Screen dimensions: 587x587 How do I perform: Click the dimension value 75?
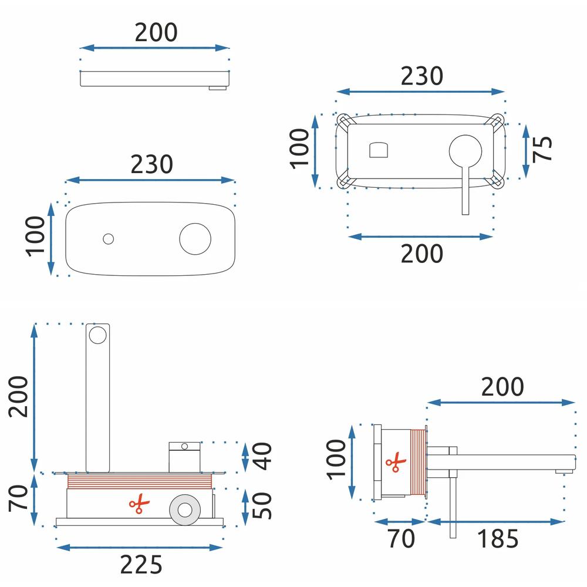pos(543,149)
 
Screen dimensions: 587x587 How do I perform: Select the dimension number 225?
pos(141,565)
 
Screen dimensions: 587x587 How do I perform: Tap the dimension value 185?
pos(497,539)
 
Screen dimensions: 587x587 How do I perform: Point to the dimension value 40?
pos(264,457)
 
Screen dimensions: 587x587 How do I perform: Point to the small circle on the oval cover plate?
pos(107,238)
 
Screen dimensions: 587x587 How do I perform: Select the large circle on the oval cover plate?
pos(195,238)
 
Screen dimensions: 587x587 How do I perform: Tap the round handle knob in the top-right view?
pos(465,150)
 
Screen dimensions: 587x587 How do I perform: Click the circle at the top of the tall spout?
pos(97,335)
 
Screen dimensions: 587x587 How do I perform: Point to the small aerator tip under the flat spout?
pos(218,89)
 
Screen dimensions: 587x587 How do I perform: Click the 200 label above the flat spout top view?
pos(156,32)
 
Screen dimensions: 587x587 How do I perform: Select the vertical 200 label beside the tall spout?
pos(19,396)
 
